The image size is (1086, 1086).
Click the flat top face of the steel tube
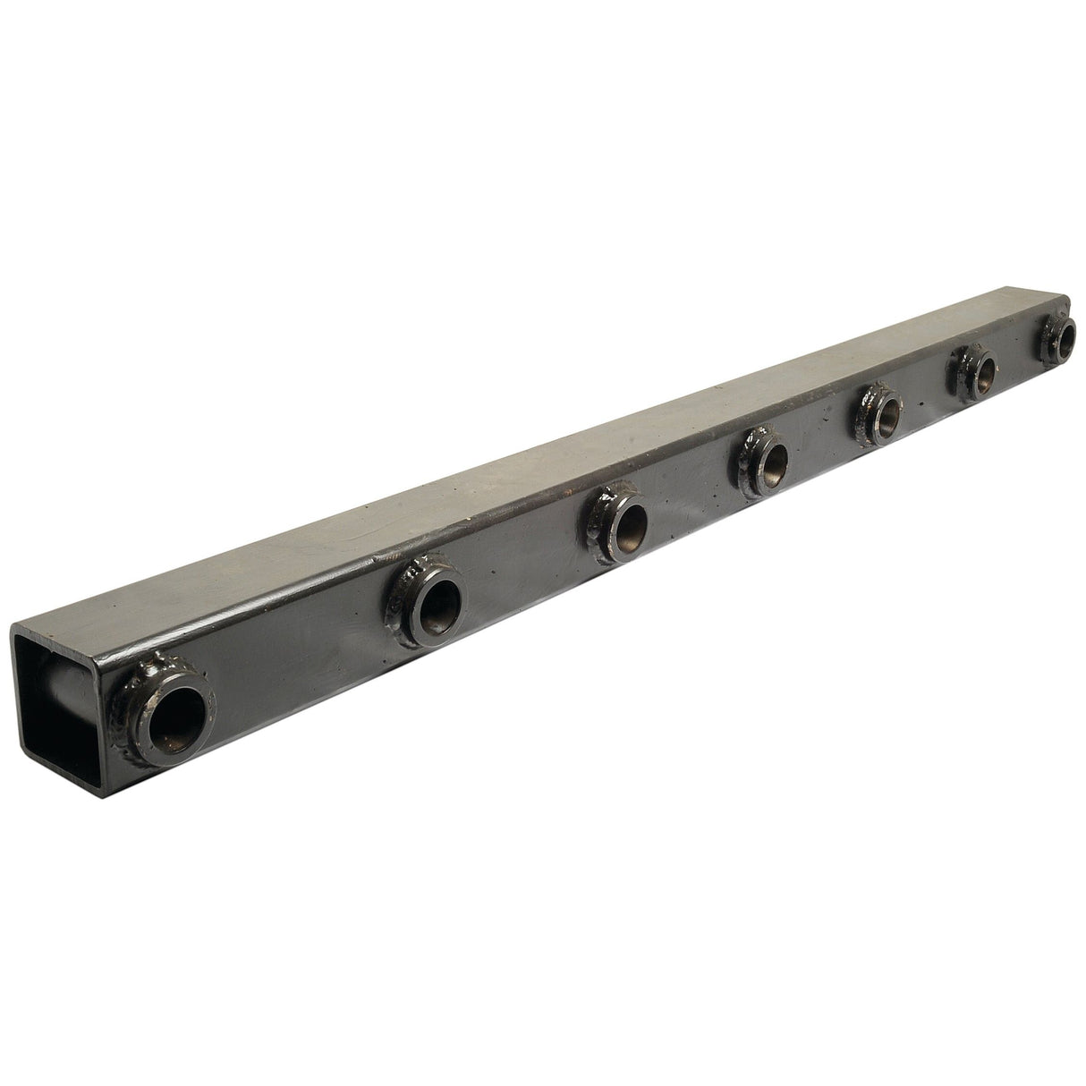pyautogui.click(x=537, y=465)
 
